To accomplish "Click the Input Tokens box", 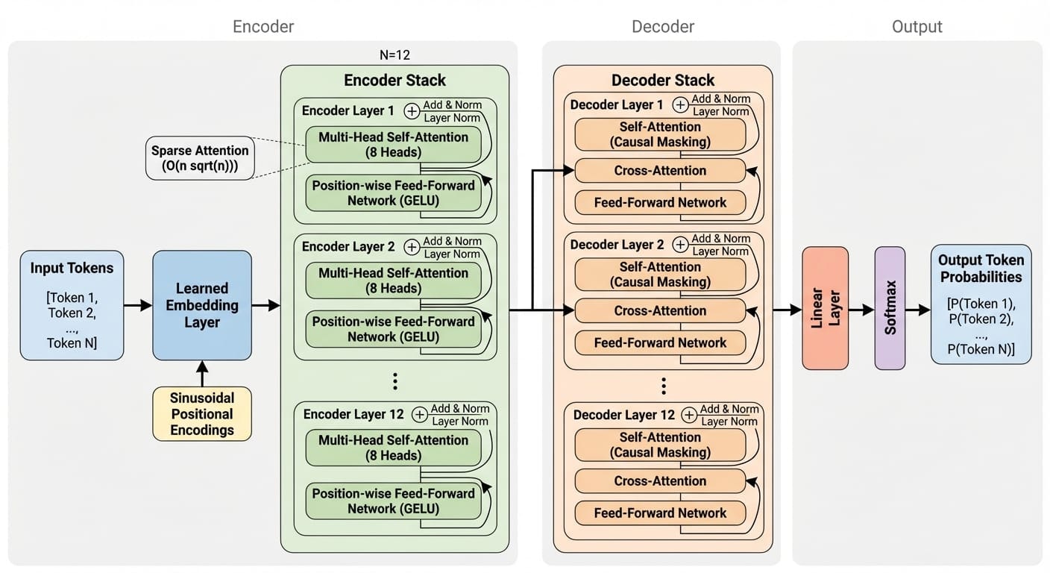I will click(72, 305).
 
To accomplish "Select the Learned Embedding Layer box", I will click(202, 305).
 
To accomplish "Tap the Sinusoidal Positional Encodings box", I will click(202, 413).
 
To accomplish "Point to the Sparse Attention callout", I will click(201, 158).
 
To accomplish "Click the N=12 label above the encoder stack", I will click(394, 55).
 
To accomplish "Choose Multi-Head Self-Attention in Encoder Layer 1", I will click(393, 145).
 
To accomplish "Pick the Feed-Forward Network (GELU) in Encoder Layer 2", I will click(393, 329).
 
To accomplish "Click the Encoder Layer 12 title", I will click(353, 414).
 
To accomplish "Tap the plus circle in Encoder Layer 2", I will click(412, 247).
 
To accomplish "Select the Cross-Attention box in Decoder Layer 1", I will click(660, 171).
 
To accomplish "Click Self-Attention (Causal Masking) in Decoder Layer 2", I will click(660, 275).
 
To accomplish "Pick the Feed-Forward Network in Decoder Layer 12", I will click(660, 513).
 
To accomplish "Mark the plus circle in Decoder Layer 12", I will click(690, 415).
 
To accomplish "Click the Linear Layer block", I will click(825, 308).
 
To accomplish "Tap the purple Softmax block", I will click(890, 308).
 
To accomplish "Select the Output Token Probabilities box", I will click(981, 304).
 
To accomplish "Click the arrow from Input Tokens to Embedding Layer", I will click(138, 305).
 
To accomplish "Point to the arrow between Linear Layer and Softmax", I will click(861, 309).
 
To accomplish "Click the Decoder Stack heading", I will click(663, 81).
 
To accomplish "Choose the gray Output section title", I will click(917, 27).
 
